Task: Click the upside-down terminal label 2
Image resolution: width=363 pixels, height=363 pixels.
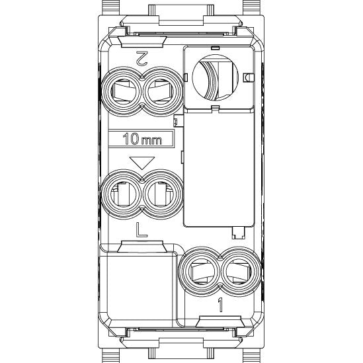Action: tap(141, 58)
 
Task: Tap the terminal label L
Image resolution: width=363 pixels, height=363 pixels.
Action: tap(141, 230)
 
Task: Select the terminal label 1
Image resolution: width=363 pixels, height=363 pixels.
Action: tap(220, 305)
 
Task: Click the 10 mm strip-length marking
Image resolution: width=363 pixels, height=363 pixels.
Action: tap(142, 139)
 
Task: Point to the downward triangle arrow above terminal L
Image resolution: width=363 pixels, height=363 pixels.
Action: tap(142, 163)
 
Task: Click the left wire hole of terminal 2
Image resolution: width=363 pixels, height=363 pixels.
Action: tap(123, 91)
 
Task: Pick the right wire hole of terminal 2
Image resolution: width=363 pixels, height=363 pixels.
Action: tap(161, 91)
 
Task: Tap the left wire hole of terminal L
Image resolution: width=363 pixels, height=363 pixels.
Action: tap(123, 194)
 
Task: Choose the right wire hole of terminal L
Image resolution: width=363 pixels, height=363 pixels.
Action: tap(161, 194)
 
